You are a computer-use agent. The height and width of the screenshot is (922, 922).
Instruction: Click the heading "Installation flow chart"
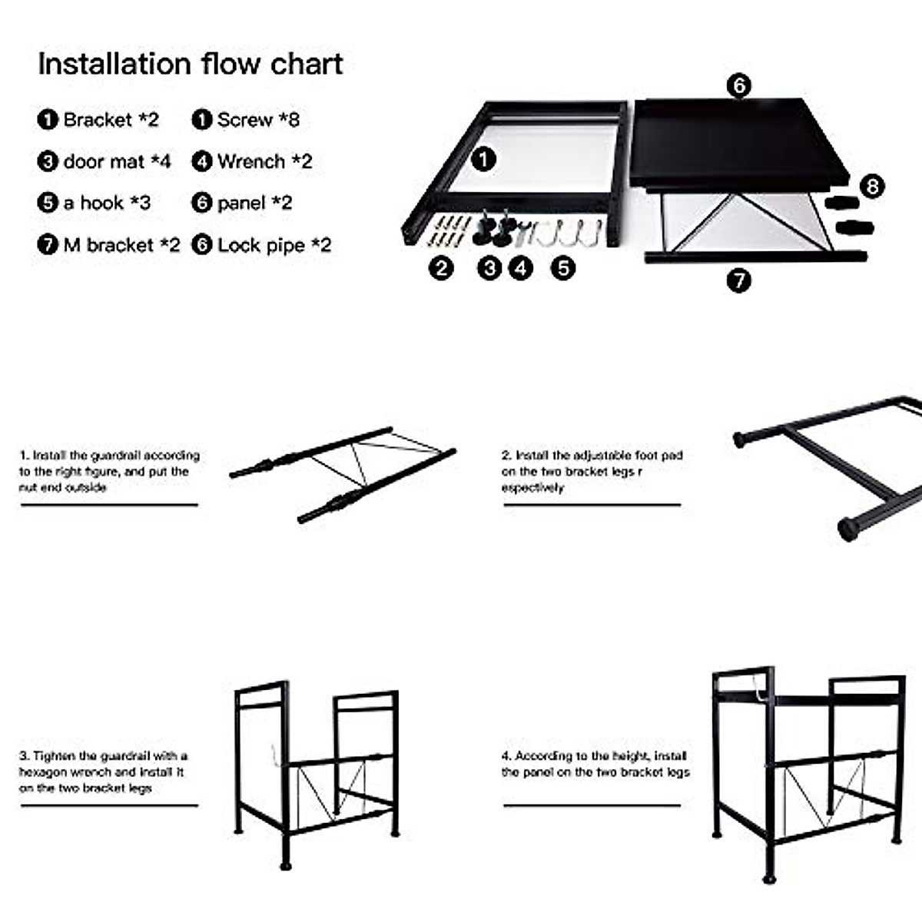click(x=190, y=64)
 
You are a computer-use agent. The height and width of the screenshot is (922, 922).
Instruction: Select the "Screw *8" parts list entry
click(x=246, y=120)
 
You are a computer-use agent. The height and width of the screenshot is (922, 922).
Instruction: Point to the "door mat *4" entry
click(x=104, y=161)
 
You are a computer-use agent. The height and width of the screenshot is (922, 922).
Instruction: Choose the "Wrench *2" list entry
click(x=252, y=161)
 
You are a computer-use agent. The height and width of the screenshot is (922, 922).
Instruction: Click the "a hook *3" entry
click(x=95, y=203)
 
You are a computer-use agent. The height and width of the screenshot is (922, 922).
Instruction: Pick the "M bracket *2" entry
click(x=108, y=245)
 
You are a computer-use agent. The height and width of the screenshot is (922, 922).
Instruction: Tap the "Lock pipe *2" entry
click(x=261, y=245)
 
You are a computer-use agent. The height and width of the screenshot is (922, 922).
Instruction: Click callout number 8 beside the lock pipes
click(x=872, y=186)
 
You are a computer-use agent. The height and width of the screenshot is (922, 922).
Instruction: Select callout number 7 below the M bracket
click(x=738, y=280)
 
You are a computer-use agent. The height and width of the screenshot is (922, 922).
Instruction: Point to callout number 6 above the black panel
click(x=738, y=85)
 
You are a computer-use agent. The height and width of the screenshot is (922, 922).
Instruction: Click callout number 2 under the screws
click(x=441, y=268)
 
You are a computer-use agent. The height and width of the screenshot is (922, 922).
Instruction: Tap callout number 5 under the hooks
click(x=563, y=268)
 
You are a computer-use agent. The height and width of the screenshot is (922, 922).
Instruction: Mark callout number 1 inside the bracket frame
click(x=483, y=159)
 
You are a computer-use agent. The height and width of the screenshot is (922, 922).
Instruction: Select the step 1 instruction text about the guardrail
click(x=108, y=471)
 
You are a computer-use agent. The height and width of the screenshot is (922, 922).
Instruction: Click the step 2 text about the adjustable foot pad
click(x=592, y=471)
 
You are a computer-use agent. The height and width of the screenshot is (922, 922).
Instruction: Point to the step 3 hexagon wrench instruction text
click(x=102, y=771)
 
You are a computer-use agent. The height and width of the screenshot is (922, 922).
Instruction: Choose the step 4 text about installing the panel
click(x=595, y=764)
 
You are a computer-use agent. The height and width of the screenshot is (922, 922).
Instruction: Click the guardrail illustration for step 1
click(x=343, y=473)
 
